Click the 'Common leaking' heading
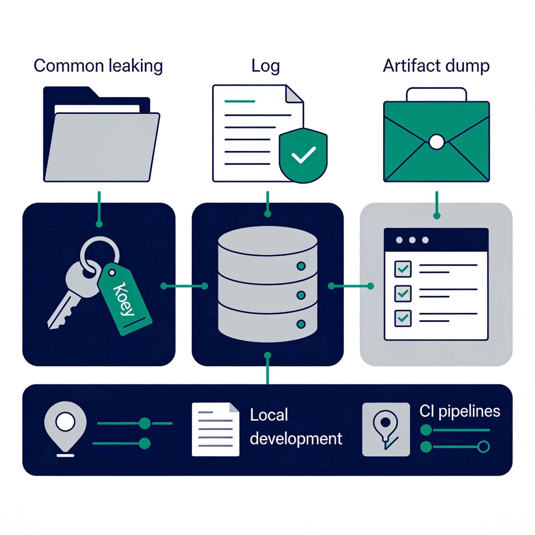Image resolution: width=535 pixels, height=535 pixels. [98, 66]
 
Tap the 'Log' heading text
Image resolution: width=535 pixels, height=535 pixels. [266, 66]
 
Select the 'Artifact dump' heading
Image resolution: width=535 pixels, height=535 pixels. [436, 66]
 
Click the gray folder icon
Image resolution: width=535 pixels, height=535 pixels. [101, 134]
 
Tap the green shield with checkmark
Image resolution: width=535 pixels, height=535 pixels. [303, 155]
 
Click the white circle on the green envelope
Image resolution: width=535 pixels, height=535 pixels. [437, 142]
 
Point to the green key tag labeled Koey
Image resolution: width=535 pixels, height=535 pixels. [125, 299]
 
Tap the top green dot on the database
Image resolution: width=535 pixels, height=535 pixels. [301, 266]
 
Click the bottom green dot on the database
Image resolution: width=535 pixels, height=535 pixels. [301, 324]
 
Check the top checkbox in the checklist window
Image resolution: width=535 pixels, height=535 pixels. [403, 269]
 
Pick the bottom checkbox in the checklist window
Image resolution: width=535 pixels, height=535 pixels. [403, 318]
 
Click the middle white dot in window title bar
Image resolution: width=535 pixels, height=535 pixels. [412, 240]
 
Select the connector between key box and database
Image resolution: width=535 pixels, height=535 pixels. [184, 286]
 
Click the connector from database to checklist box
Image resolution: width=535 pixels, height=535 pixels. [351, 286]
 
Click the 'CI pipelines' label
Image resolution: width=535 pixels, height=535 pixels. [460, 411]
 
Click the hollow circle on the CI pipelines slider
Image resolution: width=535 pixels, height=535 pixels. [484, 447]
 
